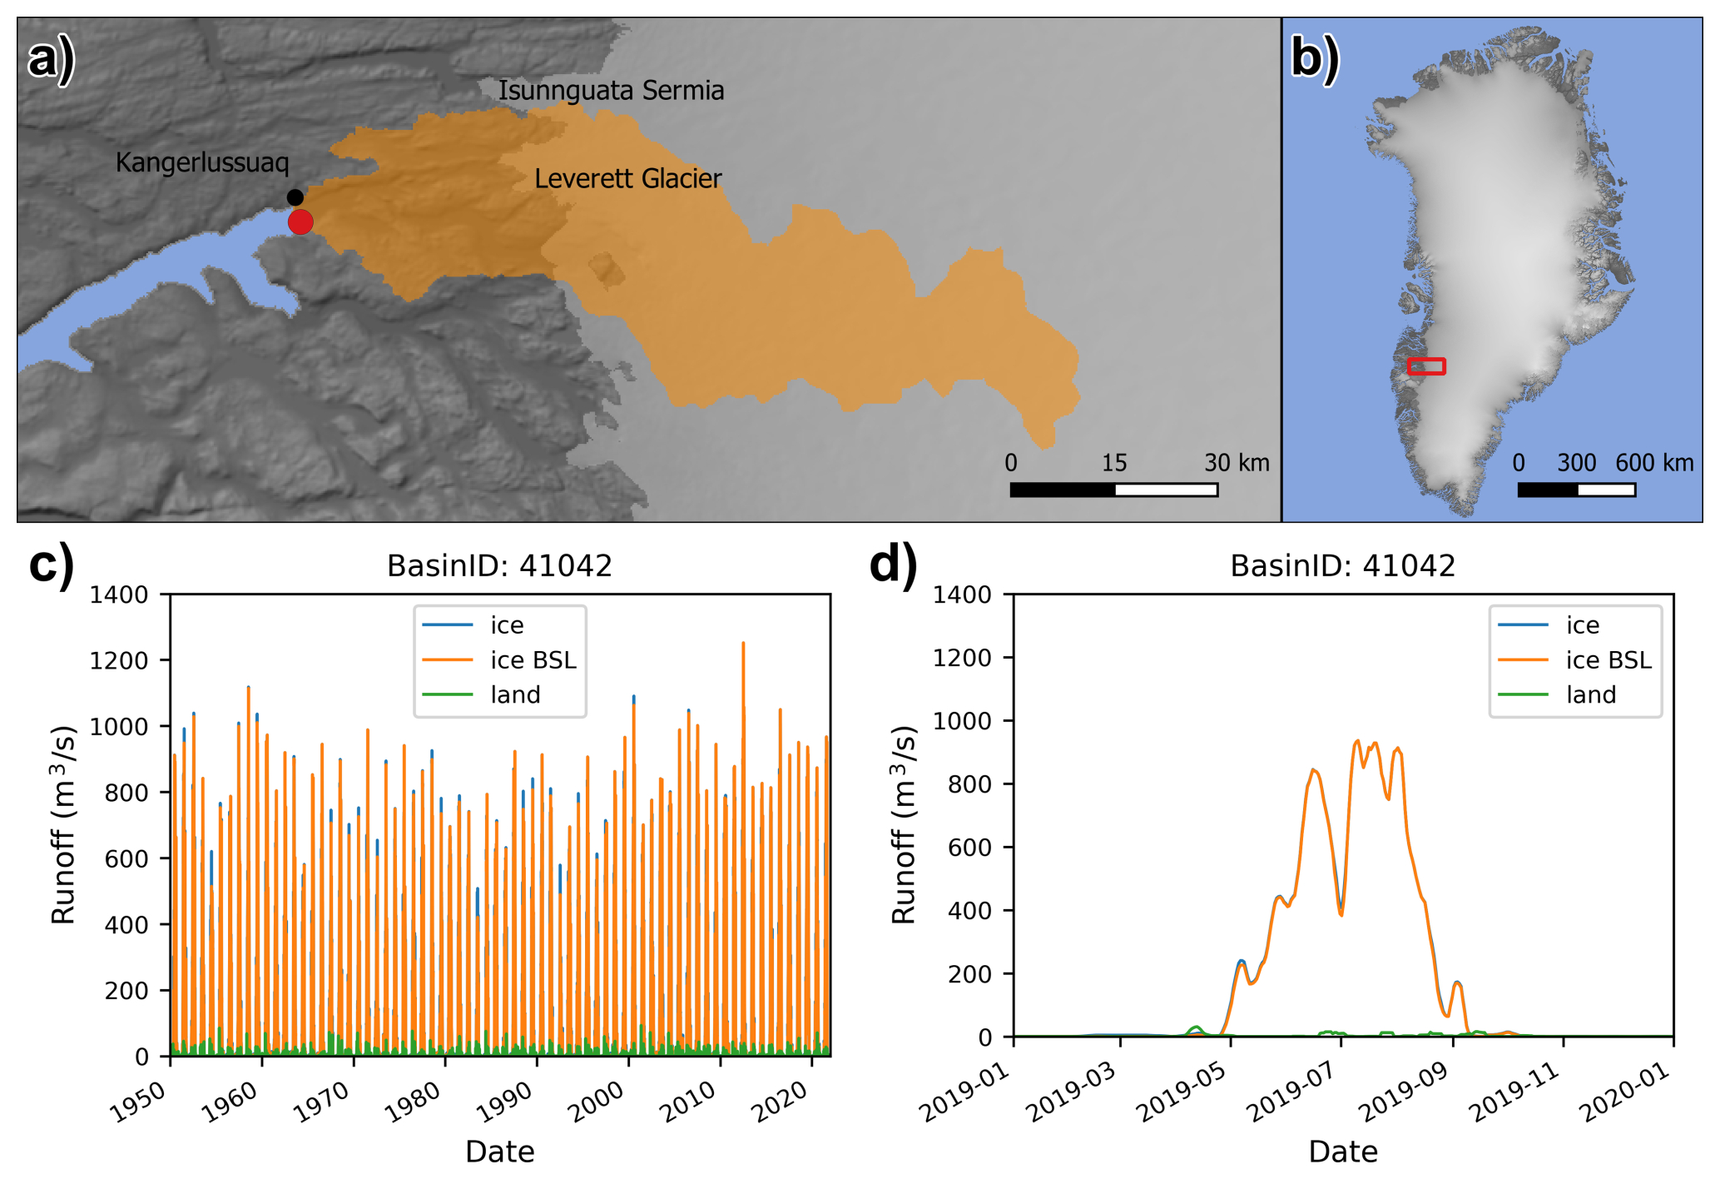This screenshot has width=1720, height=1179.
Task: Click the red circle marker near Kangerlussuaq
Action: [x=300, y=222]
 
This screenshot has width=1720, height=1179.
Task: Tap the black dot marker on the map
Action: [x=295, y=197]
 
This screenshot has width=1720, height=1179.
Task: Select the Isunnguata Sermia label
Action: [x=611, y=90]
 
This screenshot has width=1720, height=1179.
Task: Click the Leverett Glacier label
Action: [x=627, y=178]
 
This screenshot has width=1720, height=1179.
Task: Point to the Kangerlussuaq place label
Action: [x=202, y=162]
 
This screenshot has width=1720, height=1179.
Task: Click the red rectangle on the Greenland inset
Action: [x=1426, y=366]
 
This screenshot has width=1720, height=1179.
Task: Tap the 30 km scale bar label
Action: [x=1236, y=463]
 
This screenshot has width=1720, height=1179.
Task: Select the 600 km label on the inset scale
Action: [x=1653, y=463]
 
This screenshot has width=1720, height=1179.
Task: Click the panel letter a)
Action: [x=51, y=60]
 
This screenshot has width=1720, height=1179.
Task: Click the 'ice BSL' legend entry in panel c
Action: [x=533, y=660]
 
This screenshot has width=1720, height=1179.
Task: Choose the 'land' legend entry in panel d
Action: [x=1590, y=694]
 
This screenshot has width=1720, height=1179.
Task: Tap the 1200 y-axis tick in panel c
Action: [x=119, y=660]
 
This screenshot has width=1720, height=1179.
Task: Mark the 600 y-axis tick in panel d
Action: [x=969, y=848]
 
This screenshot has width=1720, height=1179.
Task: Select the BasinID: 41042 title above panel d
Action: [x=1342, y=566]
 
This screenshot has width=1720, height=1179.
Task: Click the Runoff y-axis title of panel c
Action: [x=64, y=824]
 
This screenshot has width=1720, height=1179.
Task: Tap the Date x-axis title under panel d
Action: [x=1342, y=1152]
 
